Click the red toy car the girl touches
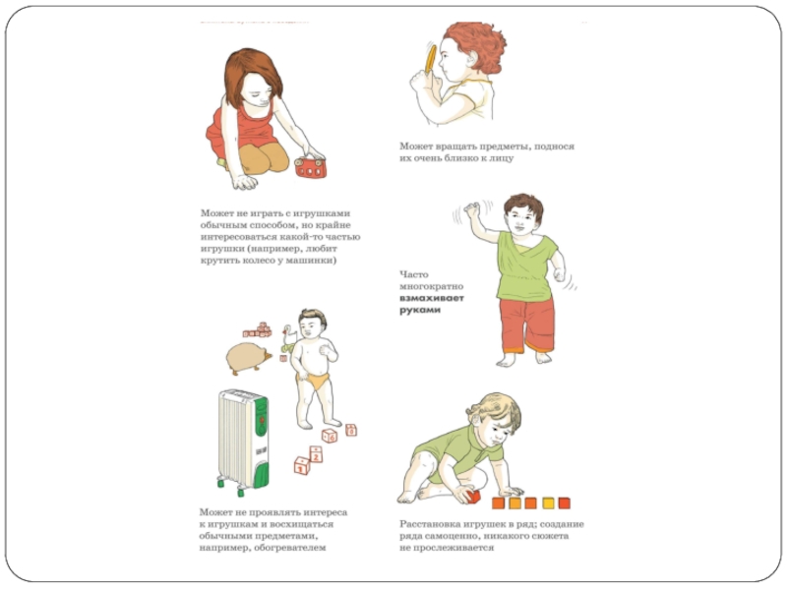point(310,167)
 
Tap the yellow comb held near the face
point(431,59)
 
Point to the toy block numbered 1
point(302,465)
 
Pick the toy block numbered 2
point(316,454)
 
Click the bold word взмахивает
point(432,298)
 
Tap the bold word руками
point(420,310)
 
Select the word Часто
point(414,274)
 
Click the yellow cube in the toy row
point(548,502)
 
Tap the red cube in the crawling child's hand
point(473,497)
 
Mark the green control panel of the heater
point(261,417)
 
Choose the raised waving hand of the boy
point(472,209)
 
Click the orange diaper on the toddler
point(315,382)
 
